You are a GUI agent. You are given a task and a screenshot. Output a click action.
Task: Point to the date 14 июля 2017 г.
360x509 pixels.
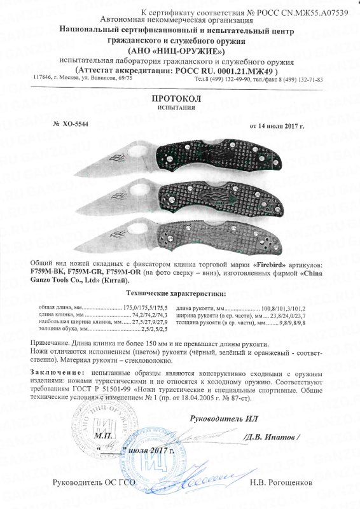click(x=277, y=126)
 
